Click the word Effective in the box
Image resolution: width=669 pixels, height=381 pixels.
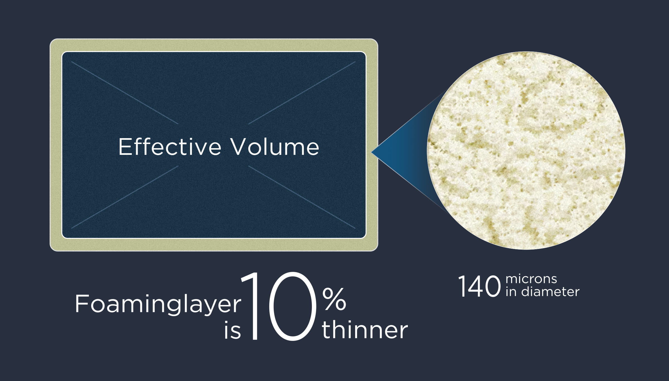click(170, 147)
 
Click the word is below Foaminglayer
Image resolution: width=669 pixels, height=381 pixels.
click(232, 330)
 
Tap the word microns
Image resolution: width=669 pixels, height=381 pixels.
click(531, 279)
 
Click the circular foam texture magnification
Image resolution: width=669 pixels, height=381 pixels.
click(526, 150)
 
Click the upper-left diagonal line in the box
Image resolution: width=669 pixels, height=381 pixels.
click(125, 92)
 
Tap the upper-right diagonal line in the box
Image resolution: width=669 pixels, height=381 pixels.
click(302, 92)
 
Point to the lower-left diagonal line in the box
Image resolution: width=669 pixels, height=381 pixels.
click(125, 197)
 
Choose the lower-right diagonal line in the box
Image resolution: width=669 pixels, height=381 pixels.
click(302, 197)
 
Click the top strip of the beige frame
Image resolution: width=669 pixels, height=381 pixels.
click(214, 45)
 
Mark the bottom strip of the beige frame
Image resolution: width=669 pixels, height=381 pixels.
click(214, 245)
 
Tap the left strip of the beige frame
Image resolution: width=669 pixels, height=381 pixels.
click(56, 145)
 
